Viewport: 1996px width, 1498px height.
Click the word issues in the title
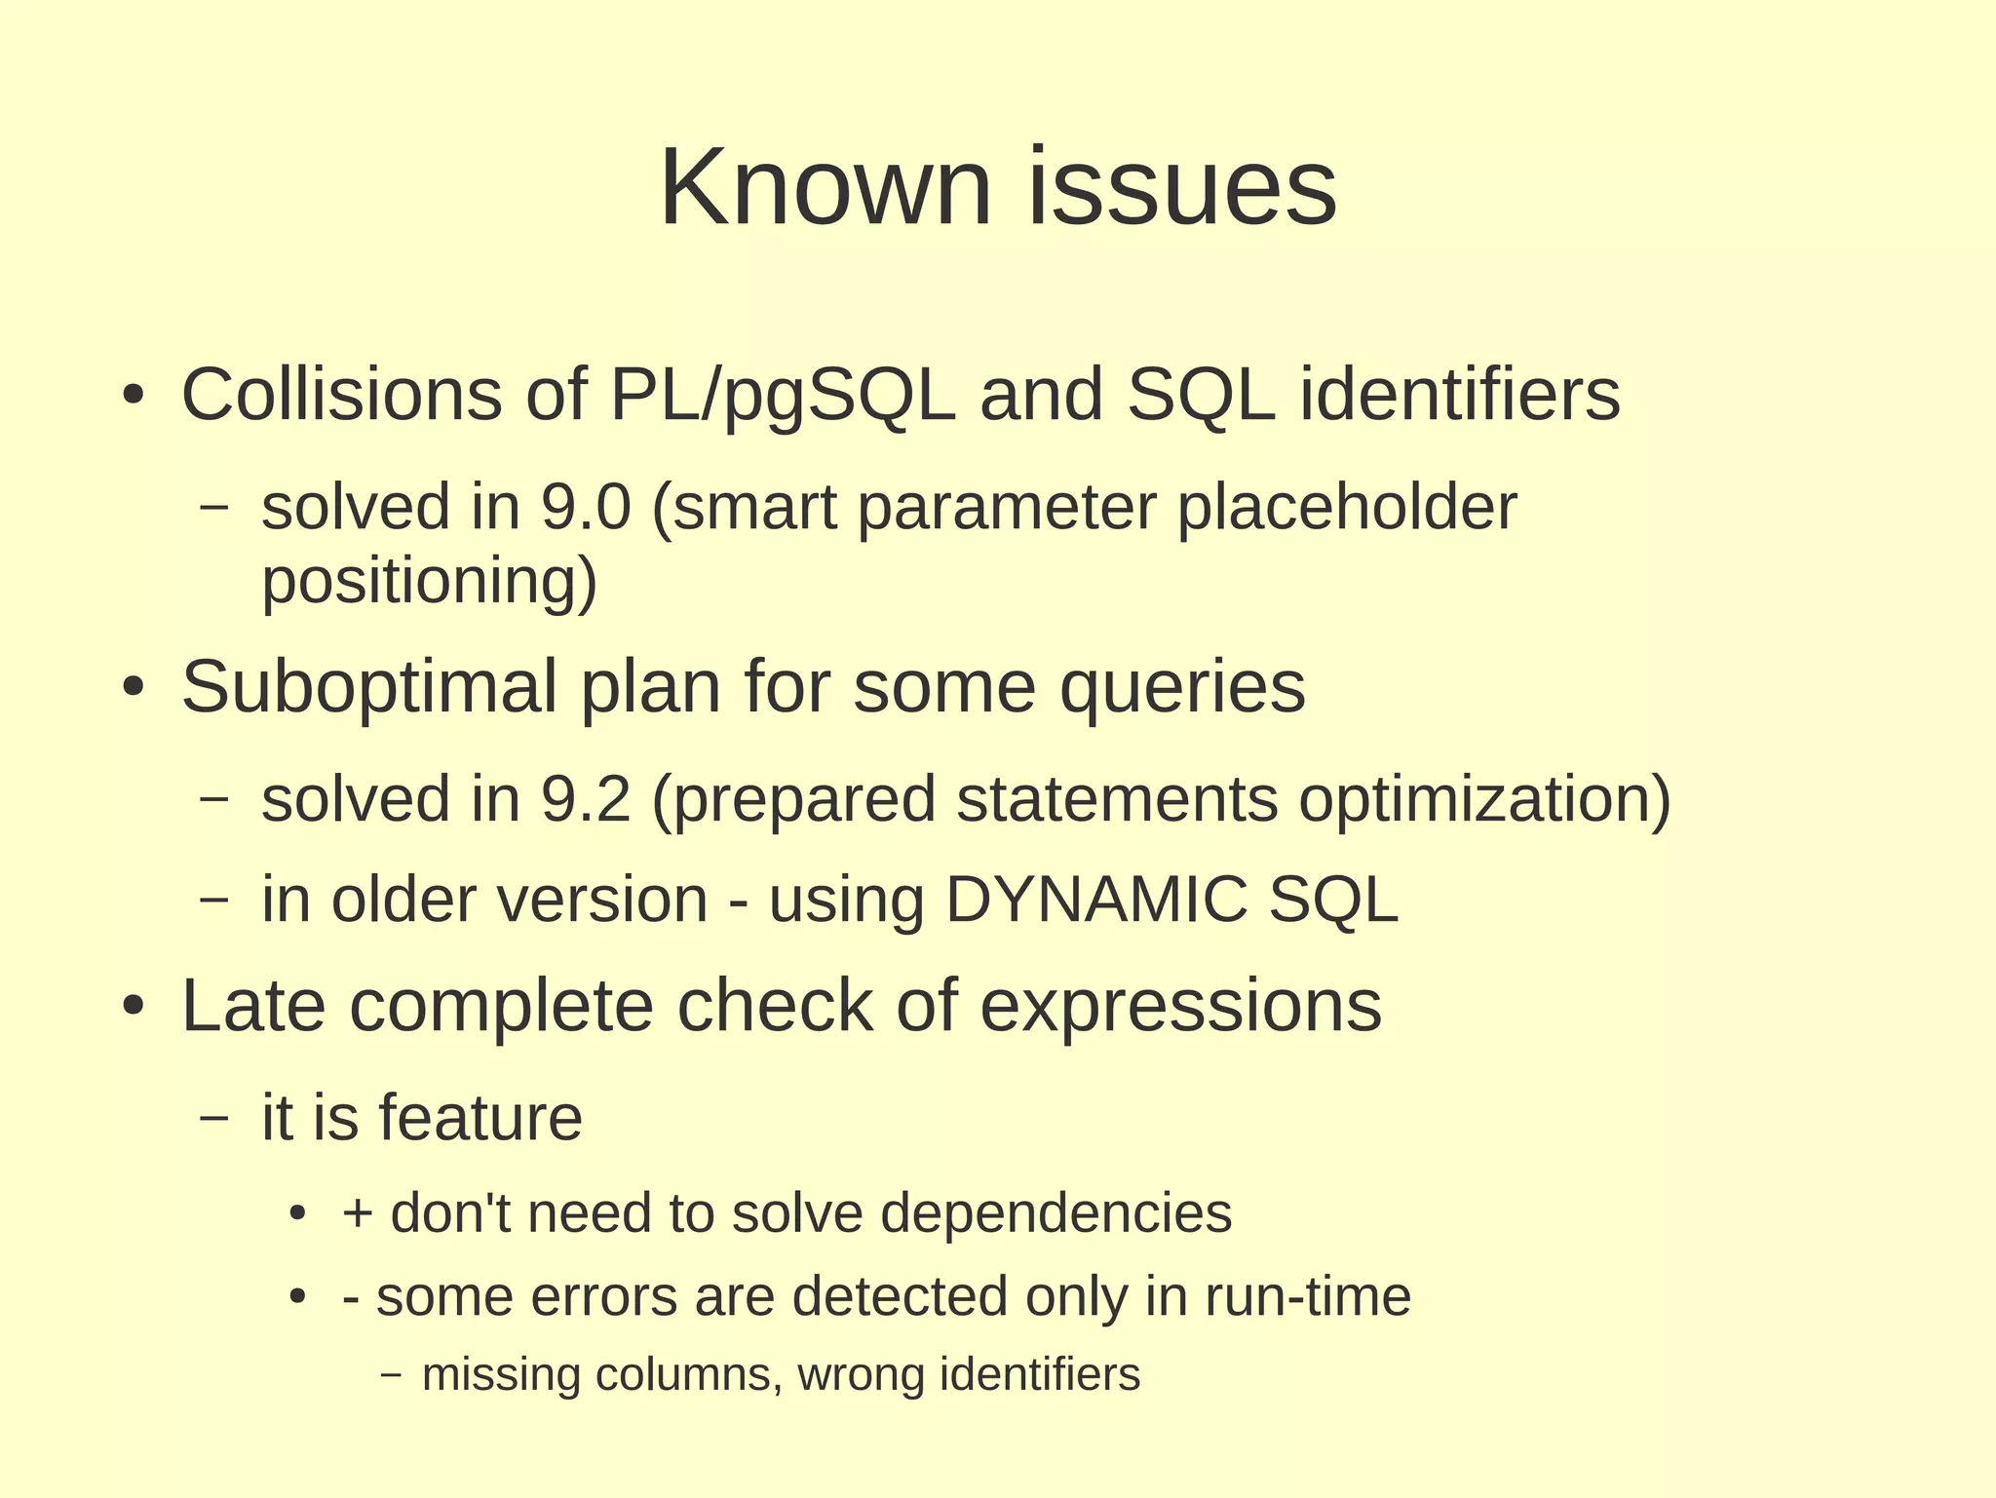point(1182,187)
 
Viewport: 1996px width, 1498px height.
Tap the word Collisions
point(341,395)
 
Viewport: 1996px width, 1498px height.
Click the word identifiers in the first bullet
point(1459,395)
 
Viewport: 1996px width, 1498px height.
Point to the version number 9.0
point(586,508)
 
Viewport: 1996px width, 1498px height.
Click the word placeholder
point(1346,508)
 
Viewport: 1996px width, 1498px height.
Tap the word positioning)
point(429,582)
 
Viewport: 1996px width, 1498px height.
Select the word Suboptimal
point(368,688)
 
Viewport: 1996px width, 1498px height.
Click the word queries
point(1181,688)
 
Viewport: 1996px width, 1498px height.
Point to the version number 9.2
point(586,800)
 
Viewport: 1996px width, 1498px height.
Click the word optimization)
point(1483,800)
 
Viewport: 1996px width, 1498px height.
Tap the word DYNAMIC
point(1095,900)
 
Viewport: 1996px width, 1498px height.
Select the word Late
point(253,1006)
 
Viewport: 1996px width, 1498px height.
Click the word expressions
point(1179,1008)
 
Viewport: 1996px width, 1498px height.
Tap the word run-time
point(1307,1297)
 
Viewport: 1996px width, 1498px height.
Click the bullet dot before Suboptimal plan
point(134,689)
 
